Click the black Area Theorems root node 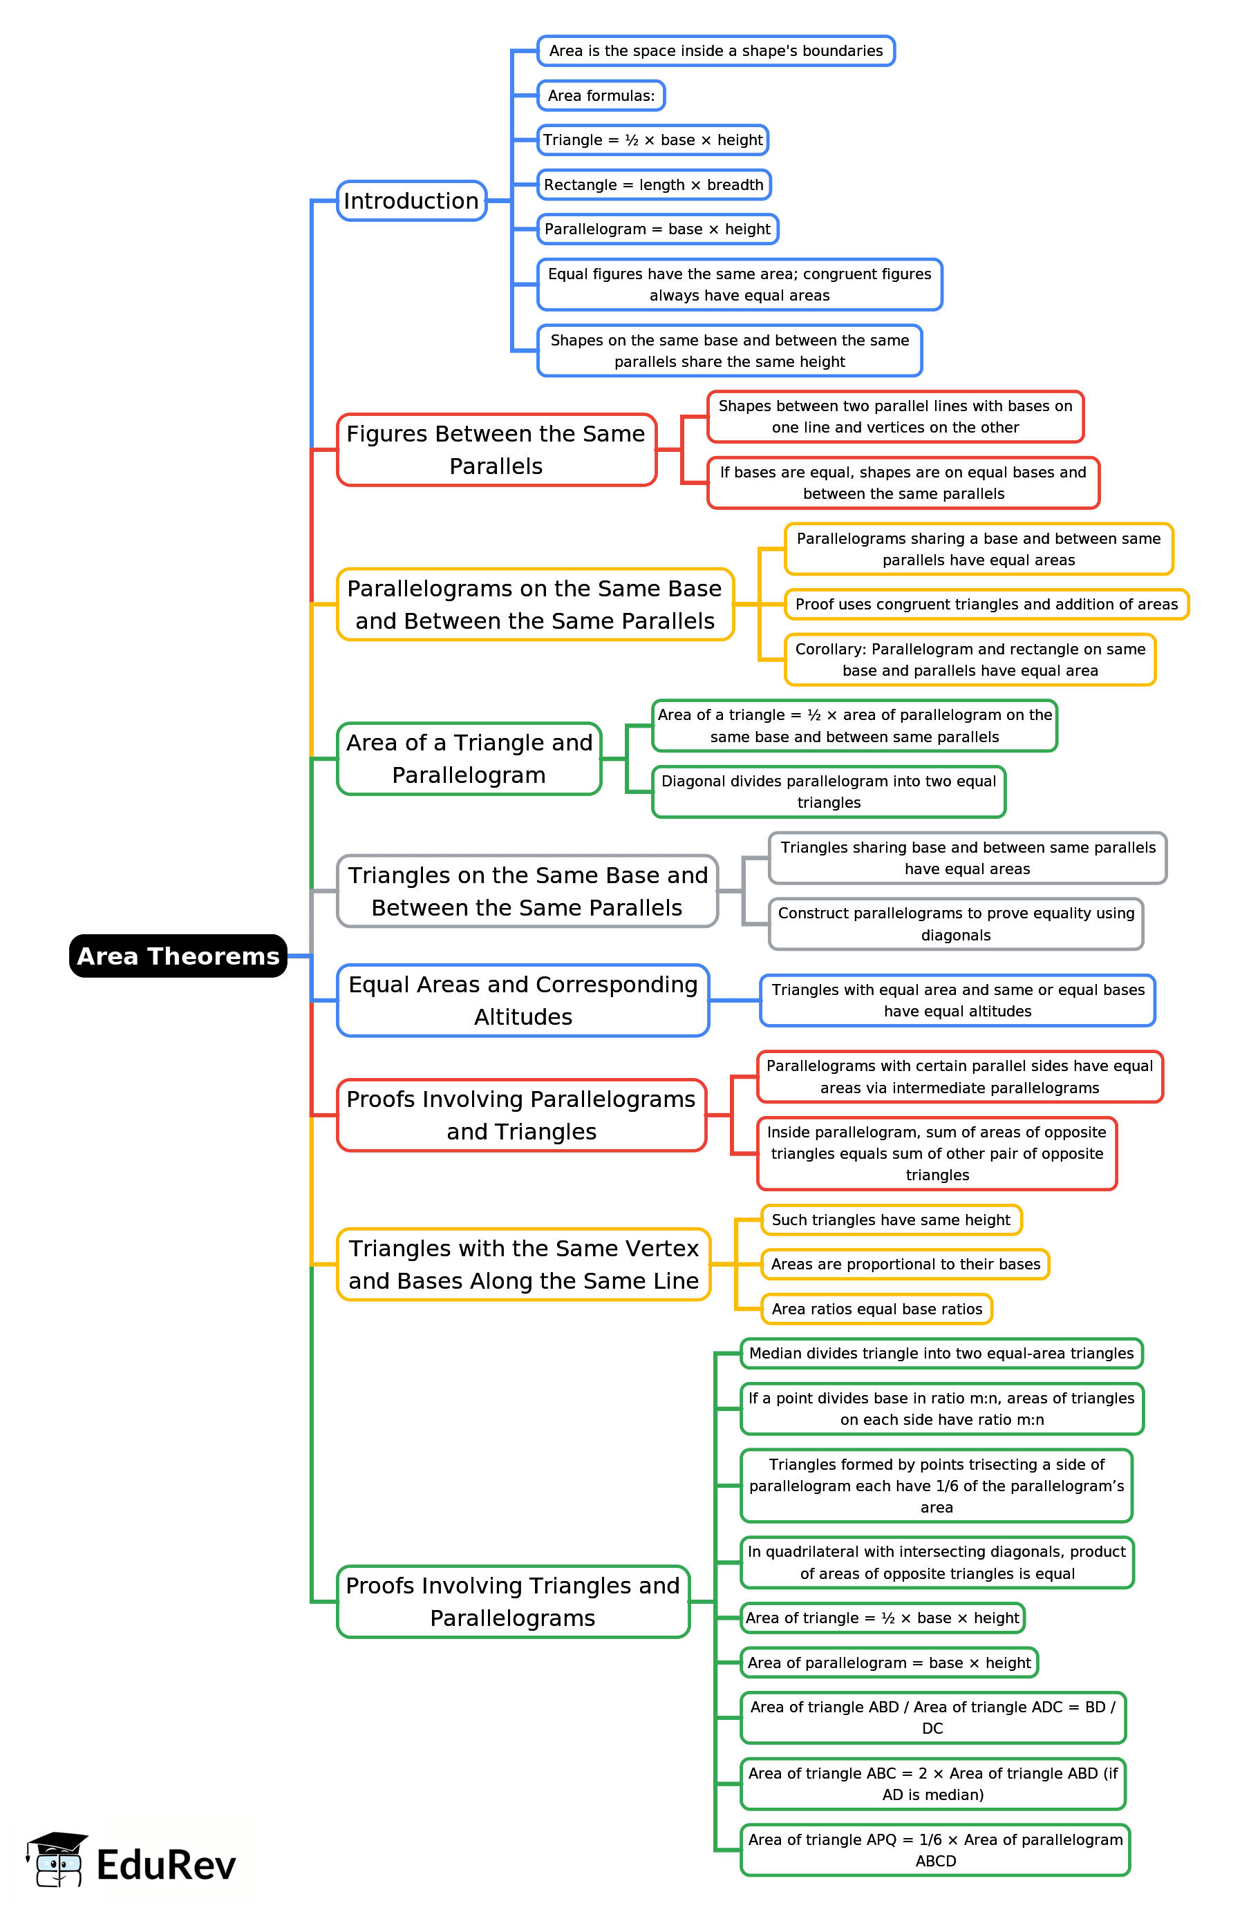point(178,956)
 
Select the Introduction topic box point(411,201)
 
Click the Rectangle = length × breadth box point(653,184)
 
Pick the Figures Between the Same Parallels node point(496,450)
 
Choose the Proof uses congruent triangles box point(986,604)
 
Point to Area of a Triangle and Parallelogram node point(469,758)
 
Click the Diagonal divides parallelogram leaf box point(828,791)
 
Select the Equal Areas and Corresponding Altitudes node point(523,1000)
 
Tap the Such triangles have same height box point(890,1220)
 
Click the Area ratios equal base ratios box point(876,1309)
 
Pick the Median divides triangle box point(940,1353)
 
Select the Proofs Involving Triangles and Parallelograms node point(513,1601)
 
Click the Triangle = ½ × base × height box point(652,140)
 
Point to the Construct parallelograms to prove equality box point(955,924)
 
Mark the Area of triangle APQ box point(934,1850)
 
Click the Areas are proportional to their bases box point(905,1264)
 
